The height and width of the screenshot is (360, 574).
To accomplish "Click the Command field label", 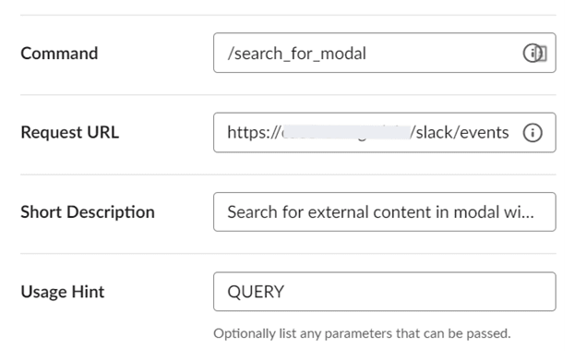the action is coord(59,54).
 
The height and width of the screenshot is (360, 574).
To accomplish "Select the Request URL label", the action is coord(69,132).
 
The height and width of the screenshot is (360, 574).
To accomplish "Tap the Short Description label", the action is coord(88,212).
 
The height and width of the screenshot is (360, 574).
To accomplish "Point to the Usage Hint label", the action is coord(63,292).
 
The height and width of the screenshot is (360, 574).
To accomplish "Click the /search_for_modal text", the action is coord(296,54).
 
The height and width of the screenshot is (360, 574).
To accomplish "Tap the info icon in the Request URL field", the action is coord(532,133).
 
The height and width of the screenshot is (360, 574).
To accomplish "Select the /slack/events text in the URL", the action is coord(460,133).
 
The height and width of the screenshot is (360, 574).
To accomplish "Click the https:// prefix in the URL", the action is coord(252,133).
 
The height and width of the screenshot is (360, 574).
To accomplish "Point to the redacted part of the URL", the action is coord(343,133).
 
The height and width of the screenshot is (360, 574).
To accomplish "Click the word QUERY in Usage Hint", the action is coord(256,292).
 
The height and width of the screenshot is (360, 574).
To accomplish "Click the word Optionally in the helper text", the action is coord(242,333).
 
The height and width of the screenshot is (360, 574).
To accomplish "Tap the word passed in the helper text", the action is coord(489,333).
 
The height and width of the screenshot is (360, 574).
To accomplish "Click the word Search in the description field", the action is coord(250,212).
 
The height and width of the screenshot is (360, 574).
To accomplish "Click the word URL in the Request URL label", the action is coord(102,132).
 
